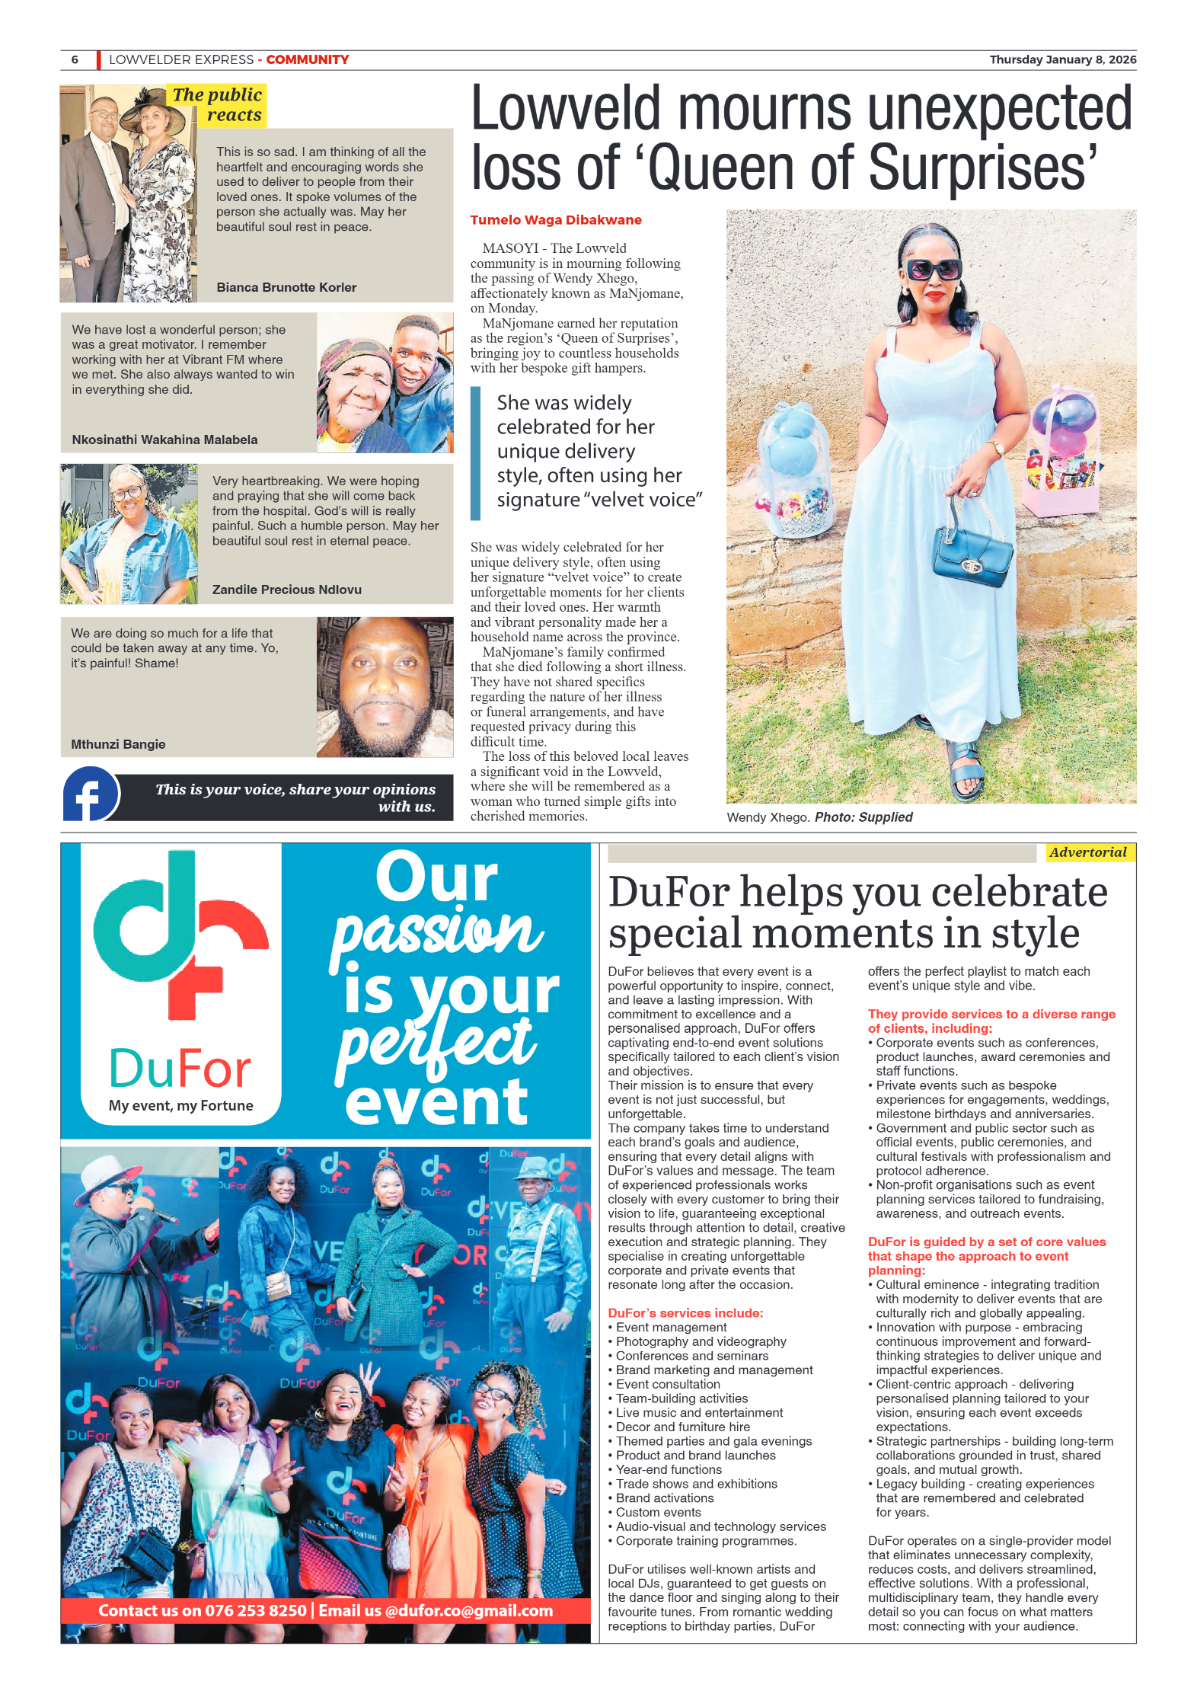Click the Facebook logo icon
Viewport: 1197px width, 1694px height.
[91, 794]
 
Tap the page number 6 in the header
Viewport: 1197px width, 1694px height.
[75, 60]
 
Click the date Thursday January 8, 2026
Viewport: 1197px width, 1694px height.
[1062, 60]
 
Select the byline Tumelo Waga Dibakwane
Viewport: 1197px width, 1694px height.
[555, 220]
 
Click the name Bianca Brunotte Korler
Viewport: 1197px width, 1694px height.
[286, 287]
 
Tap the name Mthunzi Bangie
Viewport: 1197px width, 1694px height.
[118, 744]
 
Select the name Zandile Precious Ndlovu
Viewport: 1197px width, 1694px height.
[286, 590]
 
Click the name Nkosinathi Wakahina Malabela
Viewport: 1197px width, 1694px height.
[164, 439]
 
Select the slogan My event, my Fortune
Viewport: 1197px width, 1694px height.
[180, 1105]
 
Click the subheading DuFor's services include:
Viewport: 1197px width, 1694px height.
[685, 1312]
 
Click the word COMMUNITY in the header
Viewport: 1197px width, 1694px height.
[307, 60]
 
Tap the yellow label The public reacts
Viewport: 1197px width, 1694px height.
[218, 104]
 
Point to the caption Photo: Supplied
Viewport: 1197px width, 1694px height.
[863, 817]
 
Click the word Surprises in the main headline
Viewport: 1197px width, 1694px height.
[983, 168]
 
